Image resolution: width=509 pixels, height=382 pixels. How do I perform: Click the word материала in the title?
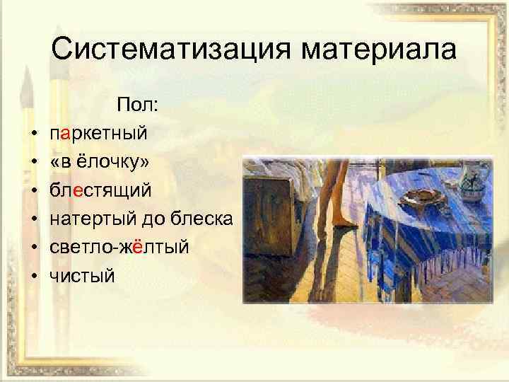[378, 49]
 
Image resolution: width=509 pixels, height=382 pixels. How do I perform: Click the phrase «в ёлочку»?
[99, 161]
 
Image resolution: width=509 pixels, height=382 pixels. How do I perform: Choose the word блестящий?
[99, 190]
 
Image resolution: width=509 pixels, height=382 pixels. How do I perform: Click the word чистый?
[81, 276]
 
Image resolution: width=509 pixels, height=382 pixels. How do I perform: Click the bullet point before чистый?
[33, 276]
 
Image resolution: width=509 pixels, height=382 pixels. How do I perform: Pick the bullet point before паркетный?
[33, 132]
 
